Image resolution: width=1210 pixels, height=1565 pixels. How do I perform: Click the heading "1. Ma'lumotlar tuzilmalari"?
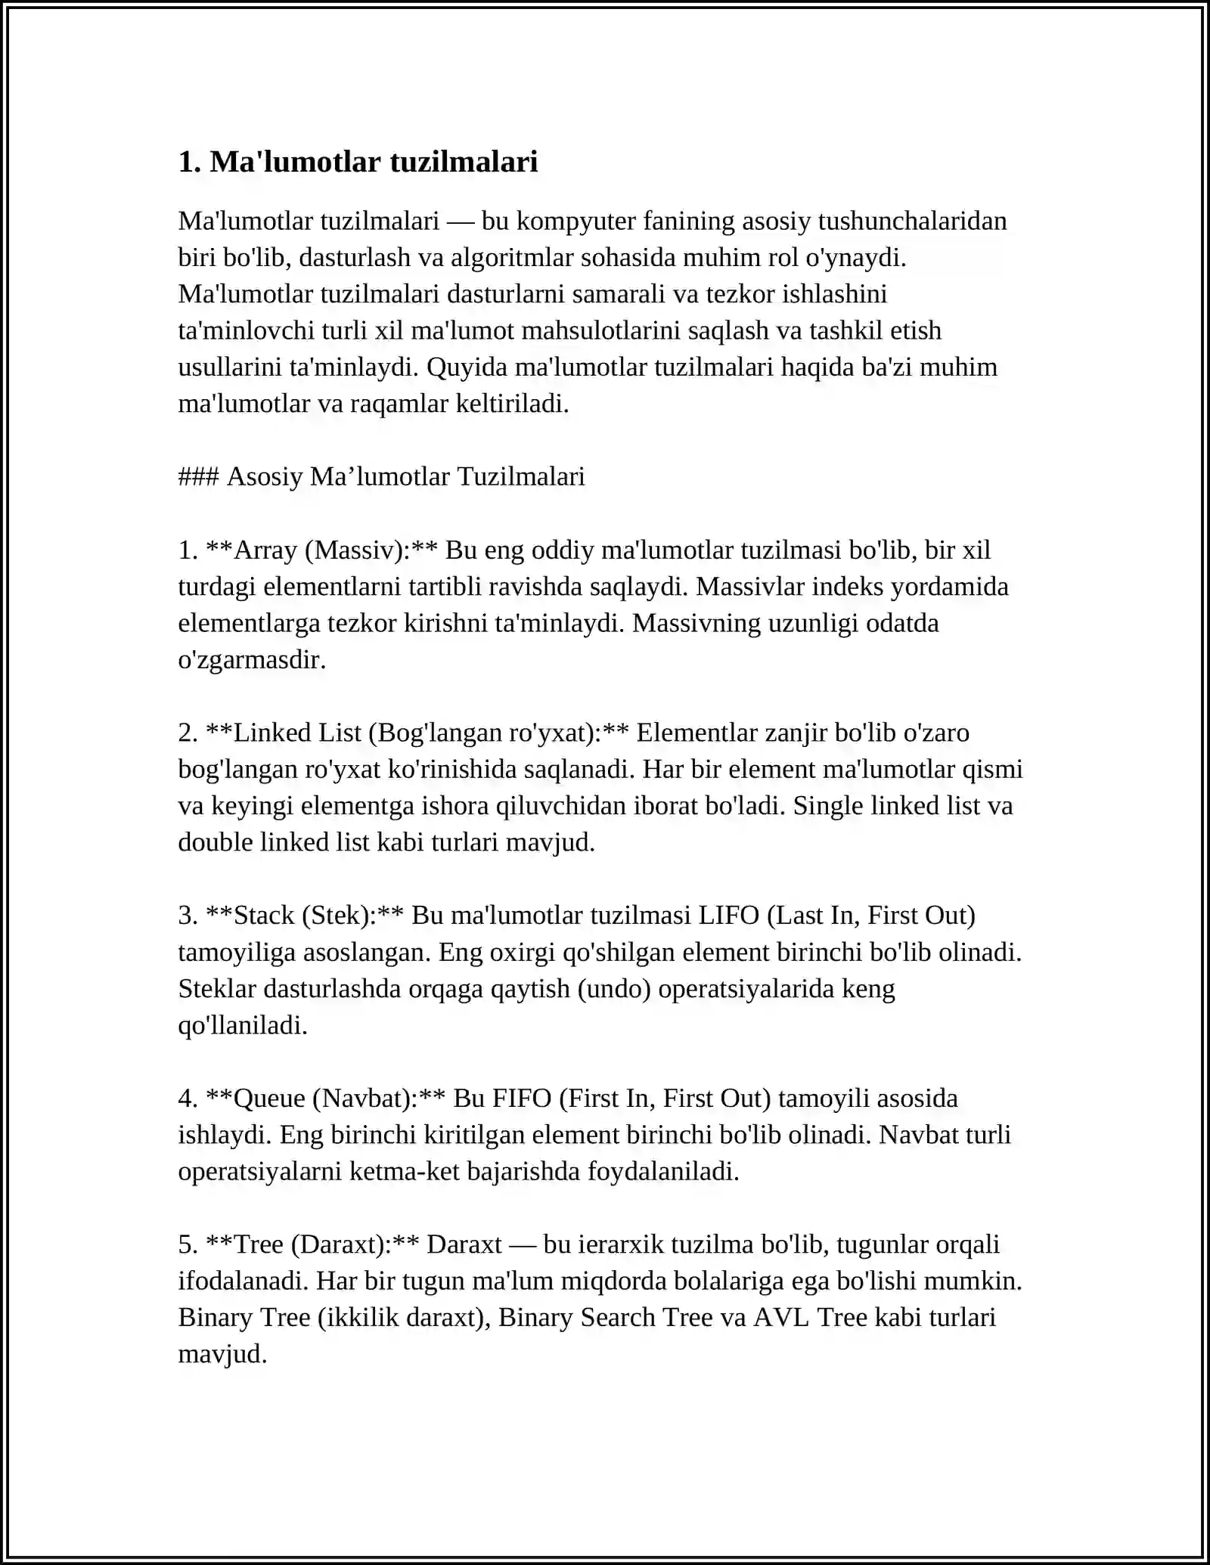pyautogui.click(x=358, y=162)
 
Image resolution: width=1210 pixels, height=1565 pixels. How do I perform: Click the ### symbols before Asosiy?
pyautogui.click(x=198, y=477)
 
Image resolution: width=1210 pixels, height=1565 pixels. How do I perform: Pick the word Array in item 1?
pyautogui.click(x=266, y=550)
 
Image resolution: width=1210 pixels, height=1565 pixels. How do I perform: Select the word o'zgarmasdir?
pyautogui.click(x=252, y=660)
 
